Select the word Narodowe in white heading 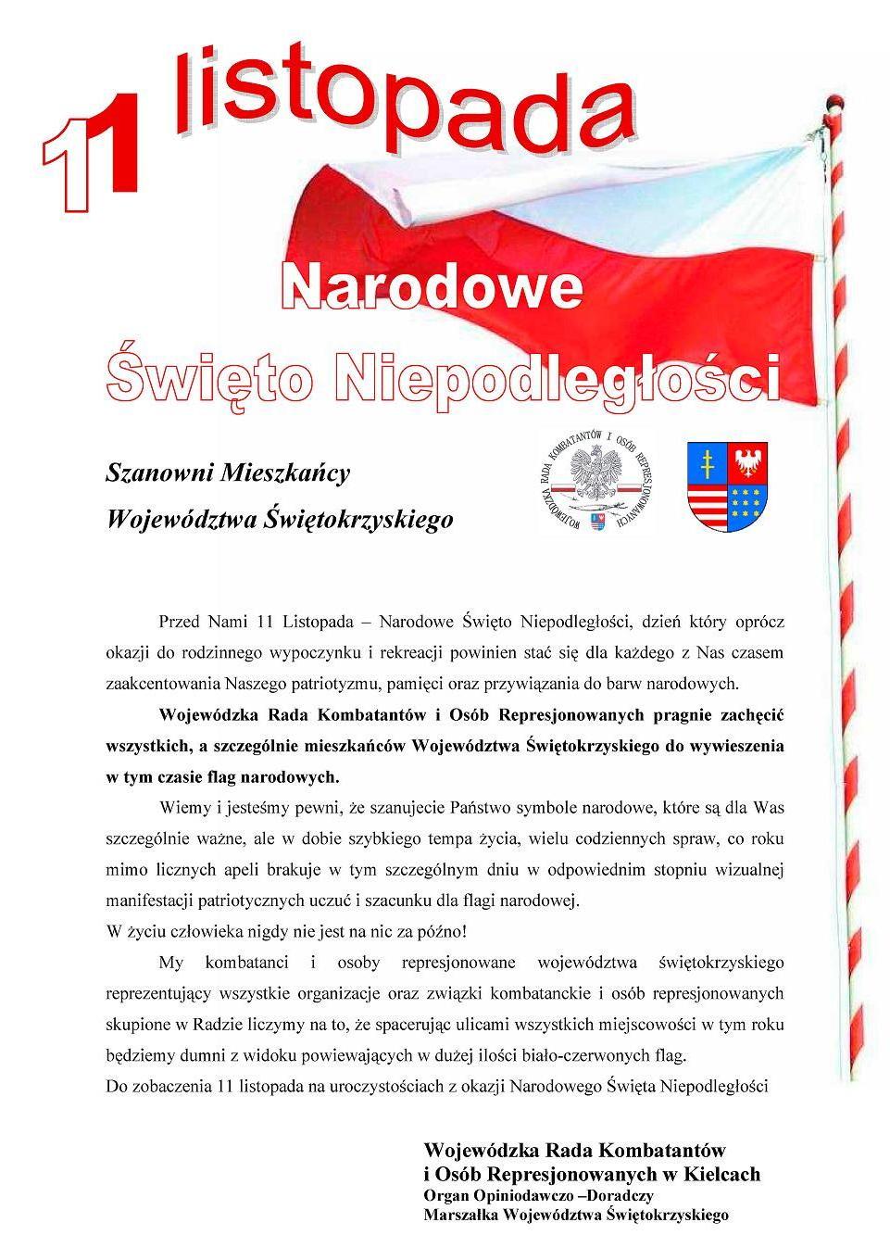[x=432, y=288]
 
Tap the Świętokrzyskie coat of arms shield [x=730, y=485]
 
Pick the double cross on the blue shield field [x=708, y=459]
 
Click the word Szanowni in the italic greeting [x=158, y=473]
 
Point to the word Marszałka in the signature [x=459, y=1215]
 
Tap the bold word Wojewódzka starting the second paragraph [x=210, y=714]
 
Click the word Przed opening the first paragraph [x=179, y=619]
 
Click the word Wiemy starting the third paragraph [x=182, y=808]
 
